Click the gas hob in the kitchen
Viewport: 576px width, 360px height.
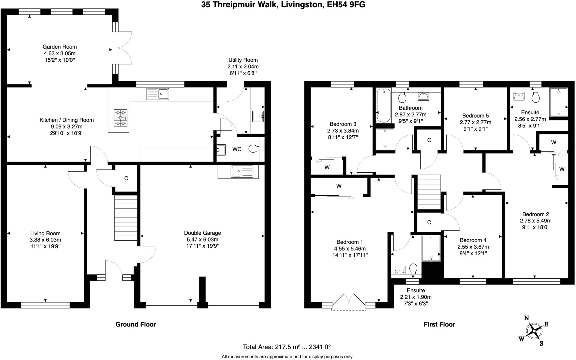tap(120, 118)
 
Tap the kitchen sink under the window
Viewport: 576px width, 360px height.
tap(157, 94)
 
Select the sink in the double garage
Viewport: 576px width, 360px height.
tap(242, 171)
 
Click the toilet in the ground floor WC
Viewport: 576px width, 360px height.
tap(254, 149)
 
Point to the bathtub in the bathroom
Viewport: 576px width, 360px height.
tap(383, 105)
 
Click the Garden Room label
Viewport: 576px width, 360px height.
tap(60, 47)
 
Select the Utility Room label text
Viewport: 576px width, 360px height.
tap(243, 60)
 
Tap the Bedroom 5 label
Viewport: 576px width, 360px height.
tap(475, 115)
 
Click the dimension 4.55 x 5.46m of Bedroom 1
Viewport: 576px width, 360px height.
tap(350, 249)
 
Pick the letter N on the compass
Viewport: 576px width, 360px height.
tap(526, 318)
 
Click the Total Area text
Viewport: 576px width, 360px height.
tap(286, 347)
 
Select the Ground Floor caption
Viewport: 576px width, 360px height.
tap(136, 324)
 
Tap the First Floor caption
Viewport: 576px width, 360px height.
tap(439, 324)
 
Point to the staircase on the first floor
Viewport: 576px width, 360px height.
tap(429, 192)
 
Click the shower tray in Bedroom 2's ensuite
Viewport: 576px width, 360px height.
tap(559, 102)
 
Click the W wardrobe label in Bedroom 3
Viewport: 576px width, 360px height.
tap(327, 167)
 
